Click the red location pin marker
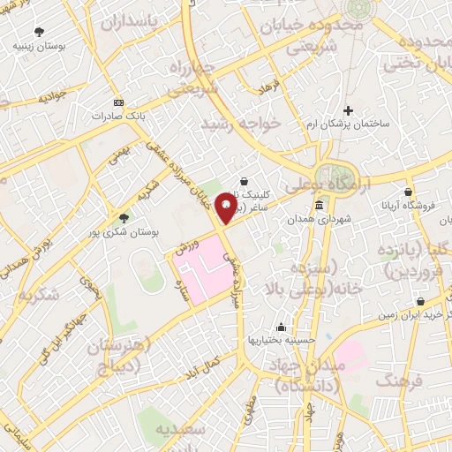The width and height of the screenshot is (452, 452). click(227, 207)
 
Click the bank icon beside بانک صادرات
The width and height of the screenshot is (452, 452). click(118, 102)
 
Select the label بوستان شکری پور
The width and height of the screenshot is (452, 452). click(128, 232)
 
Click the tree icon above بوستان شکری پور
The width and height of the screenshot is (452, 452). click(124, 216)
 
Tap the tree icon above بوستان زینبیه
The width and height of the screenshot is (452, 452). click(37, 30)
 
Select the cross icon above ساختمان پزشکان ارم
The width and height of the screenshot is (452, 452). click(348, 111)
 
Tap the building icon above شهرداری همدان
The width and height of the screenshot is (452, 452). click(318, 205)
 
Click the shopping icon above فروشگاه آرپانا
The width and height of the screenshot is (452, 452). click(408, 190)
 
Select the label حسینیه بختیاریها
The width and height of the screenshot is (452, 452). click(282, 340)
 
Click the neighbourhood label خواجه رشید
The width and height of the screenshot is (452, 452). click(241, 124)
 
